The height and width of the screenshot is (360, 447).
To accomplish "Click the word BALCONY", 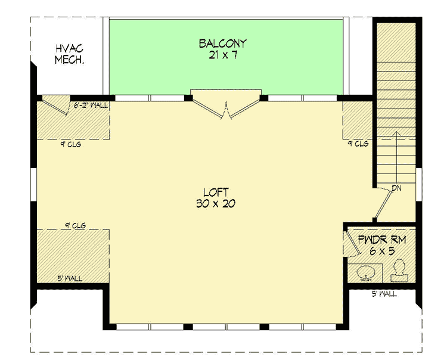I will coord(222,44).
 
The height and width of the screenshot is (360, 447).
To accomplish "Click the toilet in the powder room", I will coord(397,272).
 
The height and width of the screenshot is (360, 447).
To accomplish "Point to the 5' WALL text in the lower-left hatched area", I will coord(70,278).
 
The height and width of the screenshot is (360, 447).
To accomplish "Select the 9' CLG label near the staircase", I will coord(358,144).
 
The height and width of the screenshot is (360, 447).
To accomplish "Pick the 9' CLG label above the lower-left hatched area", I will coord(76,225).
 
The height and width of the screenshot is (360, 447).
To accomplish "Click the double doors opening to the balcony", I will coord(225,107).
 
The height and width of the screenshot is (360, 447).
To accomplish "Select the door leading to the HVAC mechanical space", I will coord(55,106).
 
